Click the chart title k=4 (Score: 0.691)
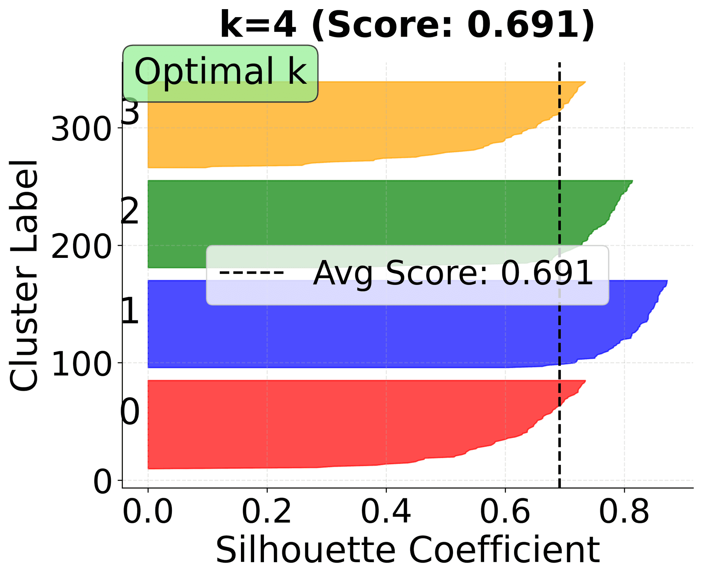pos(407,25)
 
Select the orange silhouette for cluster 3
pos(329,124)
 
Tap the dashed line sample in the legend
pos(252,273)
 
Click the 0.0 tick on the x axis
pos(148,512)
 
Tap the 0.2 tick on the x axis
pos(267,512)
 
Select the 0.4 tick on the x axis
pos(386,512)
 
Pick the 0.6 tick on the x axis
pos(505,512)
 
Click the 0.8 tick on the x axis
pos(624,512)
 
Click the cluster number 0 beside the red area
pos(130,412)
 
